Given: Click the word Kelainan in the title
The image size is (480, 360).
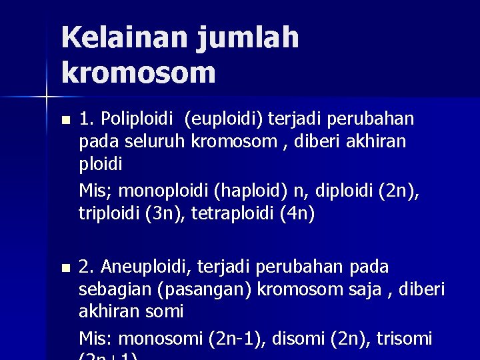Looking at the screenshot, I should pyautogui.click(x=124, y=38).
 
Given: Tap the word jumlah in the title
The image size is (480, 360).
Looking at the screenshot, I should pyautogui.click(x=248, y=38).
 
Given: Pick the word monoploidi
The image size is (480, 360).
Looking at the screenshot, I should pyautogui.click(x=163, y=192).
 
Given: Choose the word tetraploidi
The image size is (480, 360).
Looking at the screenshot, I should pyautogui.click(x=231, y=214).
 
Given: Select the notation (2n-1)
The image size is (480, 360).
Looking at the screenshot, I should pyautogui.click(x=234, y=339).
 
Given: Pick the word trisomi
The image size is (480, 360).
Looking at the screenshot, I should pyautogui.click(x=405, y=339).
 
